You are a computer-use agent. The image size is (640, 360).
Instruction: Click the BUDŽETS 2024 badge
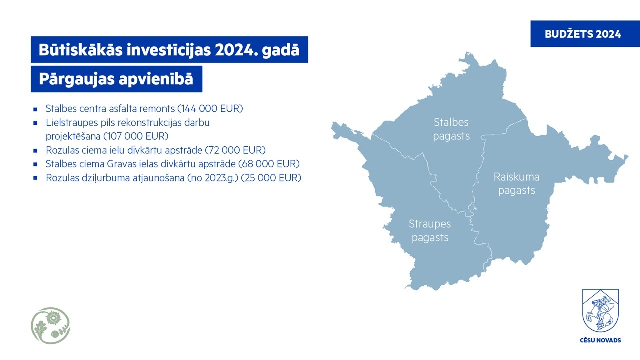pyautogui.click(x=585, y=34)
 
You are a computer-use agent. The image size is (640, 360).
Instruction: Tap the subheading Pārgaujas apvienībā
pyautogui.click(x=116, y=79)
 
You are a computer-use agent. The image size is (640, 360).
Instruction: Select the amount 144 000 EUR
pyautogui.click(x=210, y=109)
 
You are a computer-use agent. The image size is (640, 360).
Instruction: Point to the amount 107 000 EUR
pyautogui.click(x=136, y=136)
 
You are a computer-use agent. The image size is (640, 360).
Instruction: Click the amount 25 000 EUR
pyautogui.click(x=271, y=178)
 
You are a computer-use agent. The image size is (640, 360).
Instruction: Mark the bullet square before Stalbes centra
pyautogui.click(x=35, y=109)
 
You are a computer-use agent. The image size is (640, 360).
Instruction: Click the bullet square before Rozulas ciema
pyautogui.click(x=35, y=150)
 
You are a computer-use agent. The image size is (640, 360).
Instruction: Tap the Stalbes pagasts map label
pyautogui.click(x=451, y=129)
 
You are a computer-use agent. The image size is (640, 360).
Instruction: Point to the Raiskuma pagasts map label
pyautogui.click(x=517, y=184)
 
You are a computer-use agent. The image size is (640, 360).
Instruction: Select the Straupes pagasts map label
pyautogui.click(x=430, y=231)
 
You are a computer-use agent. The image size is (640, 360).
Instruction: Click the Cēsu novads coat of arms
pyautogui.click(x=600, y=310)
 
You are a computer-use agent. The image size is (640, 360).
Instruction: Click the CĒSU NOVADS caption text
pyautogui.click(x=600, y=340)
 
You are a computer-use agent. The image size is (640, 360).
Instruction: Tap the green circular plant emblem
pyautogui.click(x=51, y=325)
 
